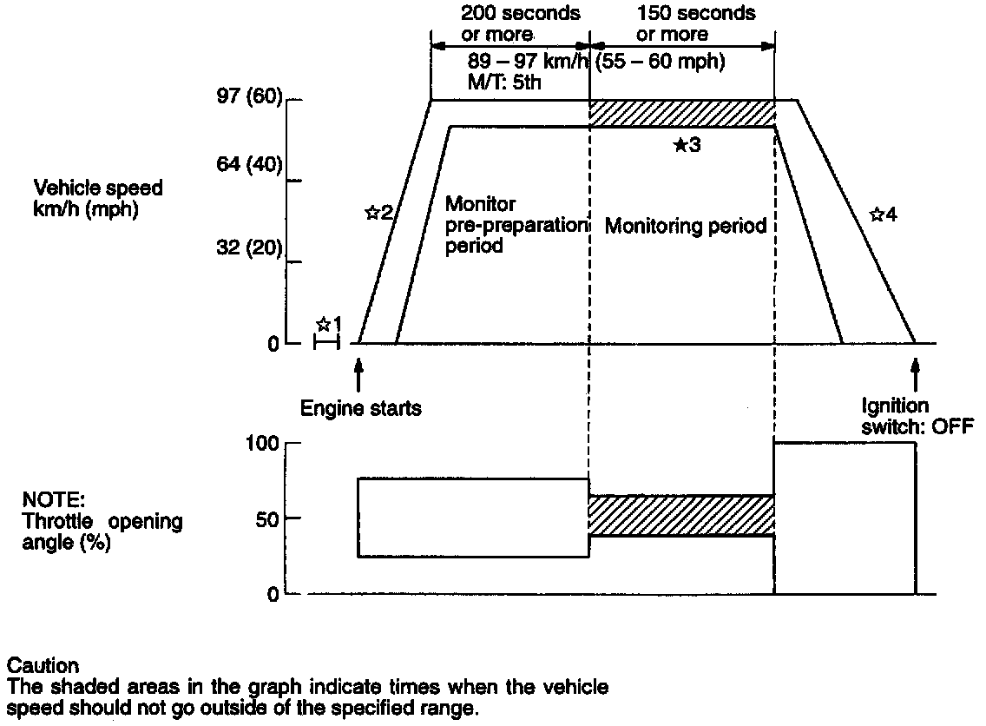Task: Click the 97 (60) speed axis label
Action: pos(250,99)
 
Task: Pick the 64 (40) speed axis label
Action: pos(250,164)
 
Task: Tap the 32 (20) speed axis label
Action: pos(250,247)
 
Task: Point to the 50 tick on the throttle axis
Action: pos(267,518)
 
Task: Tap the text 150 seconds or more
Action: pos(684,23)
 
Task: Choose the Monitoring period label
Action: pos(686,227)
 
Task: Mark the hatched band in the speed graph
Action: pos(681,114)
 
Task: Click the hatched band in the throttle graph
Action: pos(681,515)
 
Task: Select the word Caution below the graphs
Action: pos(43,666)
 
